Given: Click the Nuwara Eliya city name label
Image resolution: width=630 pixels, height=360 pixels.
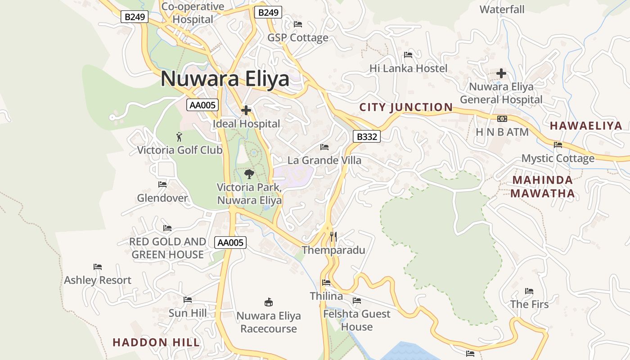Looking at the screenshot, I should (x=225, y=79).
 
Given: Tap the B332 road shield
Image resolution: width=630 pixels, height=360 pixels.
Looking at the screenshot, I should (x=366, y=136).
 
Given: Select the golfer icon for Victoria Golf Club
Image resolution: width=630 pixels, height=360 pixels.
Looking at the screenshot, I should (x=180, y=136).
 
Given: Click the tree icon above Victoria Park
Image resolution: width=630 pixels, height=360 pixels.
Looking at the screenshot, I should (x=249, y=174).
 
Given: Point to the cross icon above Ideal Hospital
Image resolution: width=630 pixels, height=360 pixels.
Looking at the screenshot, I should (x=246, y=110).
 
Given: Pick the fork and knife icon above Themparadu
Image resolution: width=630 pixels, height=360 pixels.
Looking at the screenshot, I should (x=333, y=236).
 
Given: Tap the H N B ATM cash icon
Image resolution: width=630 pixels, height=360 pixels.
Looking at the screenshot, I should (x=502, y=119).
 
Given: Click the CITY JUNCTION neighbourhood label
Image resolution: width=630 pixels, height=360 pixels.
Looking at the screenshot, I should (x=406, y=107).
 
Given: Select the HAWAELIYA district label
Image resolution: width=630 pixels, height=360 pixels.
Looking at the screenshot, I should (x=585, y=126).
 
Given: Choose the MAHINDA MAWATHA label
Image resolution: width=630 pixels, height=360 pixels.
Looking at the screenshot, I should (x=543, y=187).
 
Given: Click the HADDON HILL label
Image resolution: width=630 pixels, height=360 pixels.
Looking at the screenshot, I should (x=156, y=342).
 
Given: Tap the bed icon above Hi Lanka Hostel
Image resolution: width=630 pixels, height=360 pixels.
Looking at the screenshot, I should (x=408, y=55).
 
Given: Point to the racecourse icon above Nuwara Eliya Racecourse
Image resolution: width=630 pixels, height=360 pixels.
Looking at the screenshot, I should (x=269, y=301).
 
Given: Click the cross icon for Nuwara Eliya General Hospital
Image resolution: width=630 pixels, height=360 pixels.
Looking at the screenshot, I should (x=501, y=73).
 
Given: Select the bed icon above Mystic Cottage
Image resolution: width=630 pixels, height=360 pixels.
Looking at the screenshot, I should (x=558, y=145).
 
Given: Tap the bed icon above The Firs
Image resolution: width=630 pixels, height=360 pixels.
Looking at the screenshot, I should (x=529, y=291).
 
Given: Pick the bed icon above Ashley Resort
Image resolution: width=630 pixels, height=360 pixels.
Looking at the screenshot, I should (x=98, y=267).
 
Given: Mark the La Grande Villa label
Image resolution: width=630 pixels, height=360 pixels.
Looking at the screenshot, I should (x=324, y=160).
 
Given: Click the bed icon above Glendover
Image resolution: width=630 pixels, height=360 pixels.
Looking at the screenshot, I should (x=162, y=184).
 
